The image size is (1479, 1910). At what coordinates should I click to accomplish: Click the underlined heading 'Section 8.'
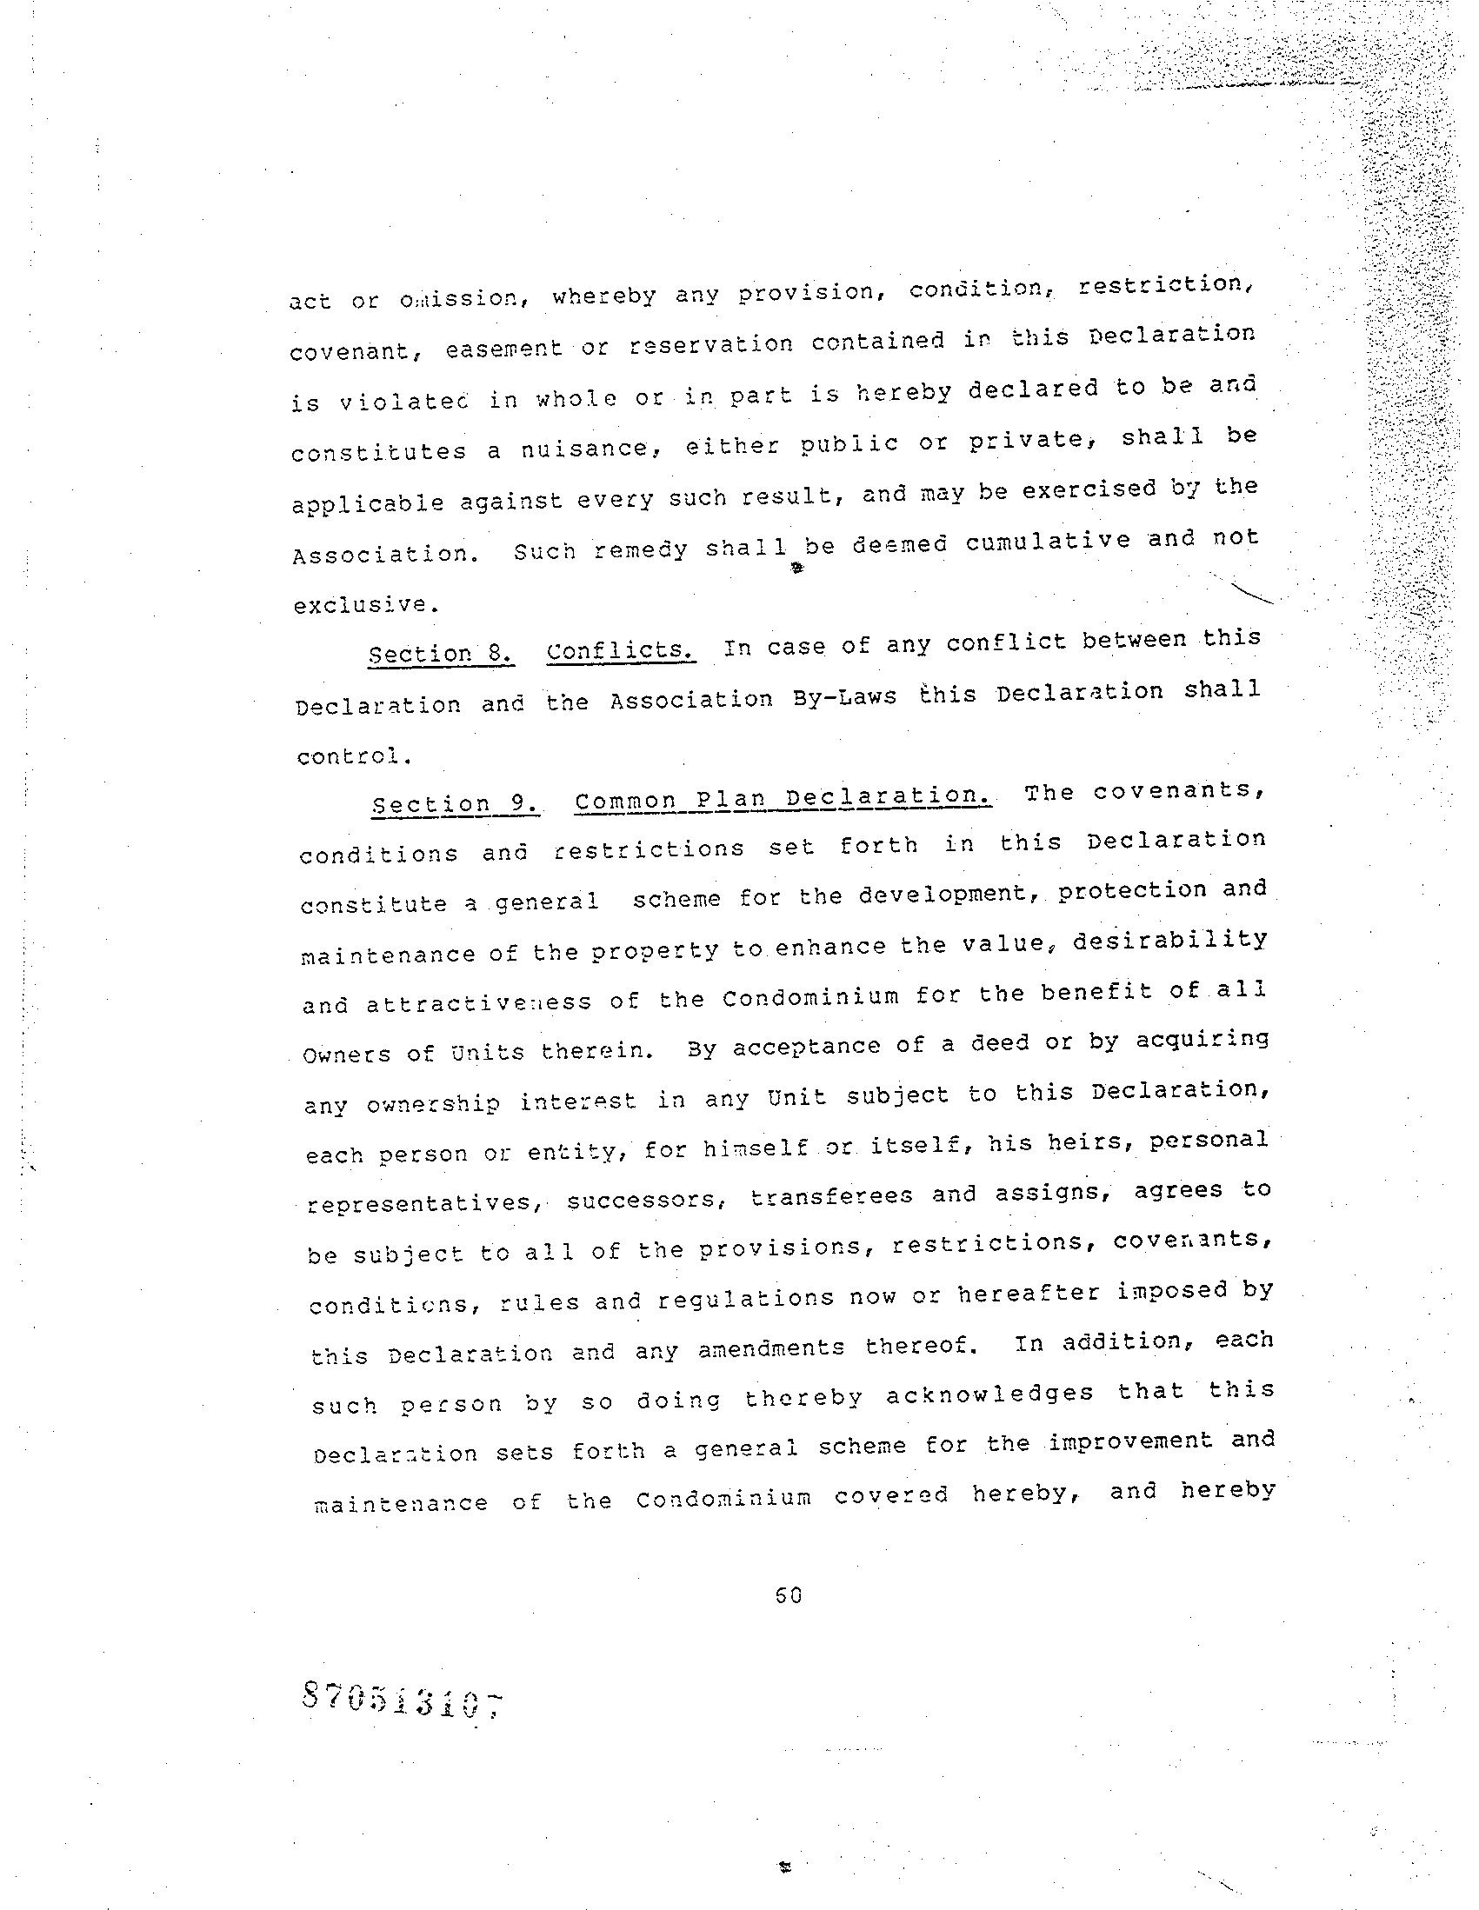(x=440, y=655)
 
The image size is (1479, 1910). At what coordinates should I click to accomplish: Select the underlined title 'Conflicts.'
(x=620, y=651)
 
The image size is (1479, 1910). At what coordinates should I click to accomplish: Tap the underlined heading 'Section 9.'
(x=455, y=804)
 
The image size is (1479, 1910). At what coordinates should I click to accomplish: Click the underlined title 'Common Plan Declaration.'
(x=783, y=798)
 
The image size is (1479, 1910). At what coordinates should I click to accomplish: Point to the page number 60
(x=788, y=1596)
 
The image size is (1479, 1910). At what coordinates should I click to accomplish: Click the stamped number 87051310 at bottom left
(x=403, y=1700)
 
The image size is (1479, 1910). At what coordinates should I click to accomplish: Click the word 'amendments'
(x=770, y=1348)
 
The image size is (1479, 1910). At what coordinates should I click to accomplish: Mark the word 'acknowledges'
(x=990, y=1394)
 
